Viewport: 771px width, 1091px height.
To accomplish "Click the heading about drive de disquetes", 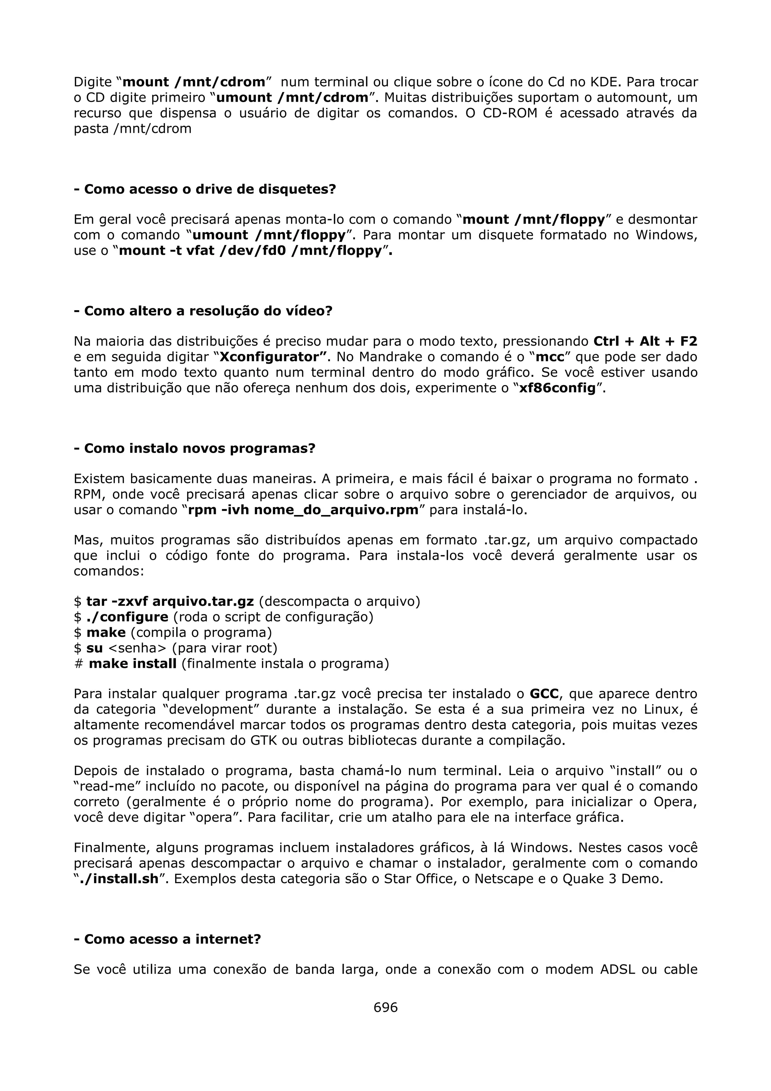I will pyautogui.click(x=205, y=189).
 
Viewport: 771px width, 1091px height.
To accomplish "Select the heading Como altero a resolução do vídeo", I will pyautogui.click(x=203, y=311).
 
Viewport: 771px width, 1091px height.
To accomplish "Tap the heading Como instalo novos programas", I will pyautogui.click(x=195, y=448).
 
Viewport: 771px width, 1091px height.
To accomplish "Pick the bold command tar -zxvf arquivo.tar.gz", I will pyautogui.click(x=169, y=602).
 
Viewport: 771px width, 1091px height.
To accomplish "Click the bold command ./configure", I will pyautogui.click(x=127, y=617).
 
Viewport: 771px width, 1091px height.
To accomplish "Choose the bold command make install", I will pyautogui.click(x=133, y=664).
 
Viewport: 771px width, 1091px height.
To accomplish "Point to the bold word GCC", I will pyautogui.click(x=544, y=694).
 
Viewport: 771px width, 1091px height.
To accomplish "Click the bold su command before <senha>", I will pyautogui.click(x=94, y=648).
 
